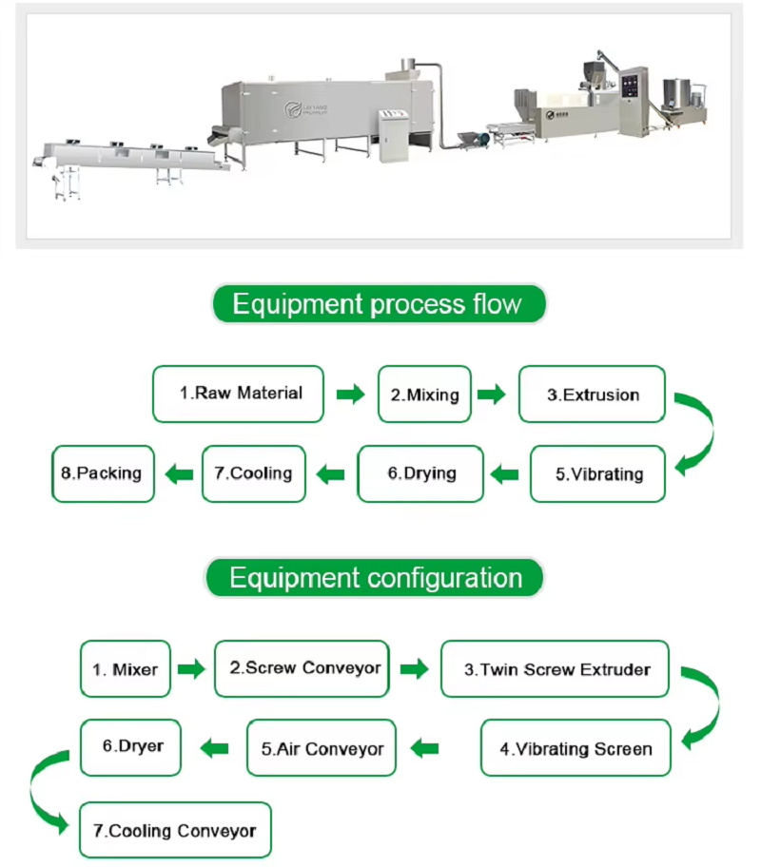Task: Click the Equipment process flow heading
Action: [x=378, y=304]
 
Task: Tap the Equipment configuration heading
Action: [x=376, y=578]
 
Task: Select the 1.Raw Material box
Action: [x=239, y=394]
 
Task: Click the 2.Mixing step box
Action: [x=424, y=394]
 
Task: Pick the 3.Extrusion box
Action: [x=592, y=394]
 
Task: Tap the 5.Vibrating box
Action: [x=598, y=473]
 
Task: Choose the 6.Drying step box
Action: [x=421, y=473]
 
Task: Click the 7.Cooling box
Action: [x=253, y=473]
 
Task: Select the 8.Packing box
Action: [x=103, y=473]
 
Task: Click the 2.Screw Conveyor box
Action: [x=302, y=668]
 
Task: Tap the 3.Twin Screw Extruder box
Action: [x=556, y=669]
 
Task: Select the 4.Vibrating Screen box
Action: [x=576, y=748]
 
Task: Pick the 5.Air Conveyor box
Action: [x=322, y=748]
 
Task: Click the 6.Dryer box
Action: [x=130, y=746]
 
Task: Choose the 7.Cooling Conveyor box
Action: [x=175, y=830]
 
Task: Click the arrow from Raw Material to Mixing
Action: [x=350, y=395]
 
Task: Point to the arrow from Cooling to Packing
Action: [x=178, y=473]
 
